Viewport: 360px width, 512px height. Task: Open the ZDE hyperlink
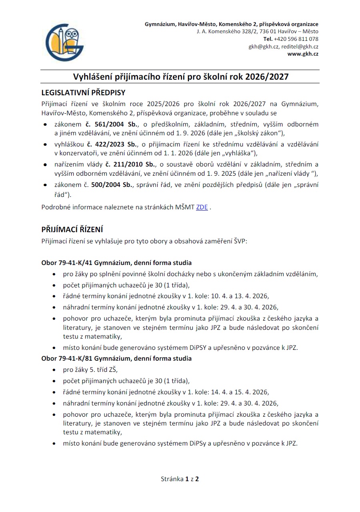click(202, 207)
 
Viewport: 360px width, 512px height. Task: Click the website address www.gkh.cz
click(303, 54)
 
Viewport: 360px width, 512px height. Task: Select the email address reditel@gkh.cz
click(300, 46)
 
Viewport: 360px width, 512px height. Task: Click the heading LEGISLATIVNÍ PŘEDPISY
click(83, 93)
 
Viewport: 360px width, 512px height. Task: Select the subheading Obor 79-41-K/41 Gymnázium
click(116, 263)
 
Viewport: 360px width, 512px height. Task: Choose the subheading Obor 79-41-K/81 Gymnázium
click(116, 358)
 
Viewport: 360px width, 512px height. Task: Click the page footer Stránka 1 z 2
click(180, 479)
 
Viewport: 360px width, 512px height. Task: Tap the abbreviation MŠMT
click(184, 207)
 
